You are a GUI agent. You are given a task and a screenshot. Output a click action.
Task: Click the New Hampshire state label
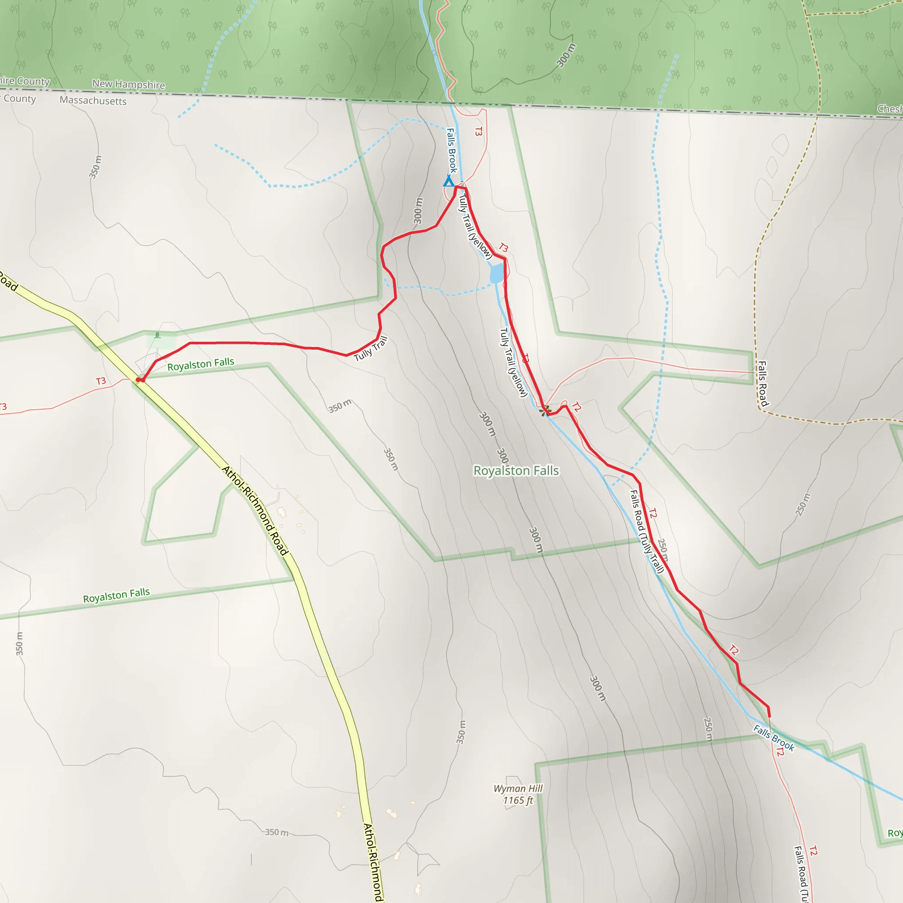click(129, 85)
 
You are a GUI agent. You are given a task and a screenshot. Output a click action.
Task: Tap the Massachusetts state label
click(93, 101)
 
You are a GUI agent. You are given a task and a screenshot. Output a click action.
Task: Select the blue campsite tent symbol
click(449, 181)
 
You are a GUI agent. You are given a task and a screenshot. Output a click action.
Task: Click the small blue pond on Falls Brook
click(497, 273)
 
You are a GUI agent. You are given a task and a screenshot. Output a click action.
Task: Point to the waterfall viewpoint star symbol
click(545, 410)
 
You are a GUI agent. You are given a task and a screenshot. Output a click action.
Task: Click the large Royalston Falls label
click(516, 470)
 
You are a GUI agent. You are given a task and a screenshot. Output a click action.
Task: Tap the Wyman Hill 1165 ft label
click(518, 794)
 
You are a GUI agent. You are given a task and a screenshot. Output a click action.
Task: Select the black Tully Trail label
click(371, 349)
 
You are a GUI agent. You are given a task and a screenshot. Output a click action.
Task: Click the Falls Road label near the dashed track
click(763, 384)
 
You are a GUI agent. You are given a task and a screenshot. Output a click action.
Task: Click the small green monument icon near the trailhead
click(157, 335)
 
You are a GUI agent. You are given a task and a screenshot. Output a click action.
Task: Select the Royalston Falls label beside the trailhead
click(201, 364)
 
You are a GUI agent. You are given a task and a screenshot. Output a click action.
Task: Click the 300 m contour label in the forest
click(566, 55)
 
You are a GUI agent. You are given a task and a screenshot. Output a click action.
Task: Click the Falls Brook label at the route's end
click(773, 738)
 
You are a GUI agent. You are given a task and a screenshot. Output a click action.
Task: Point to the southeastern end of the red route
click(769, 716)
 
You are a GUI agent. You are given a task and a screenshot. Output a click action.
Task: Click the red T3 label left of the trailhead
click(101, 381)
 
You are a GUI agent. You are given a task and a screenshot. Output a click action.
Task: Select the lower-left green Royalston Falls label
click(116, 595)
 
